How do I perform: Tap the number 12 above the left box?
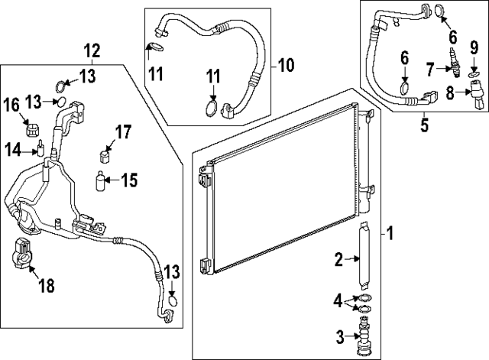(92, 51)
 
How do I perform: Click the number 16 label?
(12, 105)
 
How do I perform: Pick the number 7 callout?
(430, 70)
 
